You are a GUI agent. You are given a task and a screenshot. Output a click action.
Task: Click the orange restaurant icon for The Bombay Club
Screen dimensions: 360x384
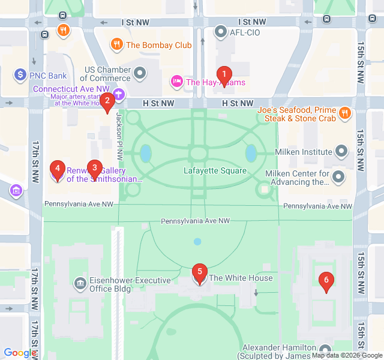point(117,45)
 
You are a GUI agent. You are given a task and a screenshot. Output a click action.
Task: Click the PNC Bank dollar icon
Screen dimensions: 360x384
point(20,76)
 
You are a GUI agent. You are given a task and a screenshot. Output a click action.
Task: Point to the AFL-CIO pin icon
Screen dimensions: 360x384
point(221,32)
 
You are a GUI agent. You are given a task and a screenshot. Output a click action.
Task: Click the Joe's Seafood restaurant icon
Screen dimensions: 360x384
point(344,112)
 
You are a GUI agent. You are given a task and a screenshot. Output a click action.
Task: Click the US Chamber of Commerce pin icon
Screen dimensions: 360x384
point(141,74)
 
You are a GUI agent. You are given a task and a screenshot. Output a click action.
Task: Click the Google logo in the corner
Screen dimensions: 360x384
point(19,353)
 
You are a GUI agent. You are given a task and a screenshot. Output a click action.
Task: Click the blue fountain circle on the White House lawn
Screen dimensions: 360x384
point(197,242)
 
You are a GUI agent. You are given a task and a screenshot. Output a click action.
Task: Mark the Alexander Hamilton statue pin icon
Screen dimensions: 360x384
point(325,349)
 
